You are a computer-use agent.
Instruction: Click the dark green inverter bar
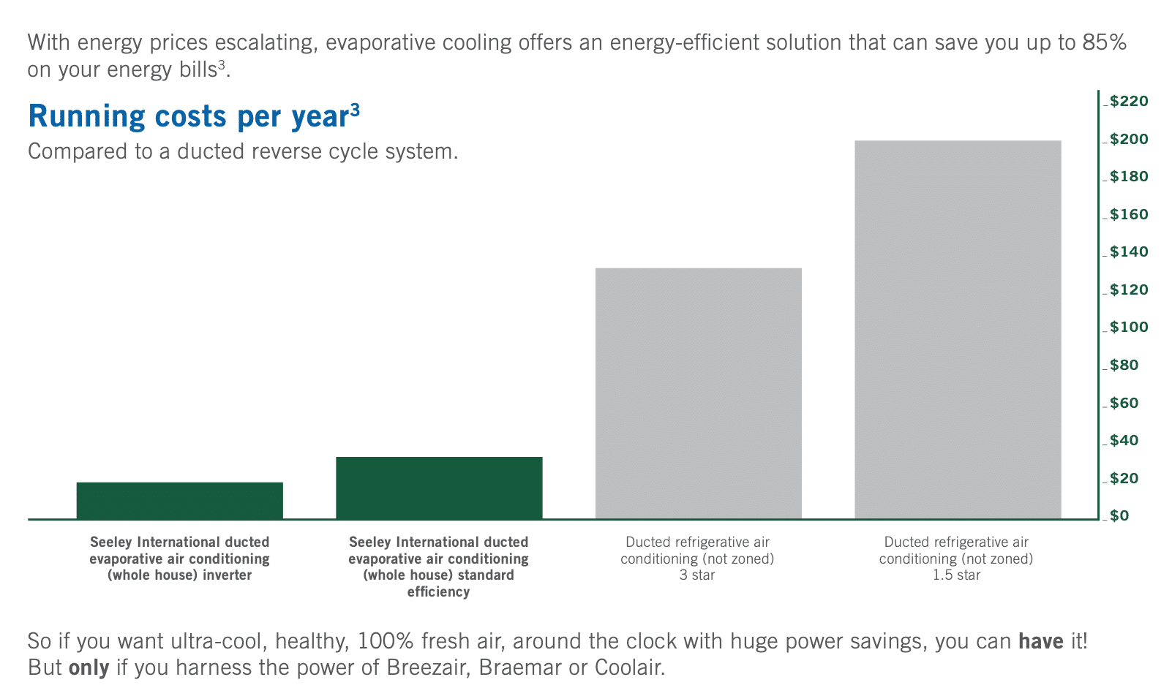coord(179,500)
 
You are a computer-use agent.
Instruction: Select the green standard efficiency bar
coord(439,488)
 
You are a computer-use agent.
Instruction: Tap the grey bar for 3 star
coord(699,393)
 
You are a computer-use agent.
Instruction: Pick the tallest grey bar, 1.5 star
coord(958,330)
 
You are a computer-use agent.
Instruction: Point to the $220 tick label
coord(1129,101)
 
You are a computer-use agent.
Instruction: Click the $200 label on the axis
coord(1129,139)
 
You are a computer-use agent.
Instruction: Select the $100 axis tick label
coord(1129,327)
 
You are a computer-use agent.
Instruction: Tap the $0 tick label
coord(1119,515)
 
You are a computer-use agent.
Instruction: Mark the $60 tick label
coord(1124,403)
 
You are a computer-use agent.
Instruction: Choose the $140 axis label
coord(1129,251)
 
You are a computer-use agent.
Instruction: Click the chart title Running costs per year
coord(194,116)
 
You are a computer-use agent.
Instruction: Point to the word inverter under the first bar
coord(227,575)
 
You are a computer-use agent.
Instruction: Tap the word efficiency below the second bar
coord(438,592)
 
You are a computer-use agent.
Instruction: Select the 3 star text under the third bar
coord(697,575)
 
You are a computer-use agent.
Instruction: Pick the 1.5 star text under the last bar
coord(956,575)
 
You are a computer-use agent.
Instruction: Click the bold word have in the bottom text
coord(1040,640)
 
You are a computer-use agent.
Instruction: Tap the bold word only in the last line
coord(89,667)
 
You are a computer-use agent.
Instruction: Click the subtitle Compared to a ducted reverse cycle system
coord(243,151)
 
